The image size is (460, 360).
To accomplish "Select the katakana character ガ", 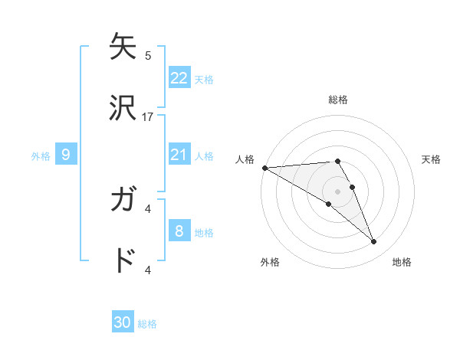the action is pyautogui.click(x=123, y=201).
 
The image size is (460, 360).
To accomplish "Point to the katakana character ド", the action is pyautogui.click(x=123, y=261).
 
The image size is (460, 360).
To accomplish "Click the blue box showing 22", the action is pyautogui.click(x=179, y=78).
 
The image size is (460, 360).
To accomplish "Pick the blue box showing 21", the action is pyautogui.click(x=179, y=155).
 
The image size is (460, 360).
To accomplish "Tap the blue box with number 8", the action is pyautogui.click(x=179, y=231).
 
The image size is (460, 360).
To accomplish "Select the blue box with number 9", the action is pyautogui.click(x=66, y=155).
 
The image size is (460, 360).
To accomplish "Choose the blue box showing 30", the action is pyautogui.click(x=123, y=322).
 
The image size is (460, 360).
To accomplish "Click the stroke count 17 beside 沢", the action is pyautogui.click(x=148, y=117).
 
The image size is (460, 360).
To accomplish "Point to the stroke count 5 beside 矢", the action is pyautogui.click(x=148, y=56).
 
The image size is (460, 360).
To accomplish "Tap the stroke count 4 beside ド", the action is pyautogui.click(x=148, y=270).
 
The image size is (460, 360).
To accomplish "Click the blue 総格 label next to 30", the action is pyautogui.click(x=147, y=324).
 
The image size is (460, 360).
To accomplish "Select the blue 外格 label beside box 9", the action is pyautogui.click(x=41, y=155).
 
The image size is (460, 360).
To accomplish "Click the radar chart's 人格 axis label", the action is pyautogui.click(x=245, y=159).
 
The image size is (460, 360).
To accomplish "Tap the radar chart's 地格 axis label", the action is pyautogui.click(x=402, y=262).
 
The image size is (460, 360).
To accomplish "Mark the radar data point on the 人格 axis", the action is pyautogui.click(x=264, y=168).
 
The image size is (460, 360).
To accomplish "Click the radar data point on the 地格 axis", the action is pyautogui.click(x=373, y=241).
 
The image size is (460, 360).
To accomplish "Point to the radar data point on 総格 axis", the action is pyautogui.click(x=337, y=161).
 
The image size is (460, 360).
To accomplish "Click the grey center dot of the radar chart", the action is pyautogui.click(x=337, y=191).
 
